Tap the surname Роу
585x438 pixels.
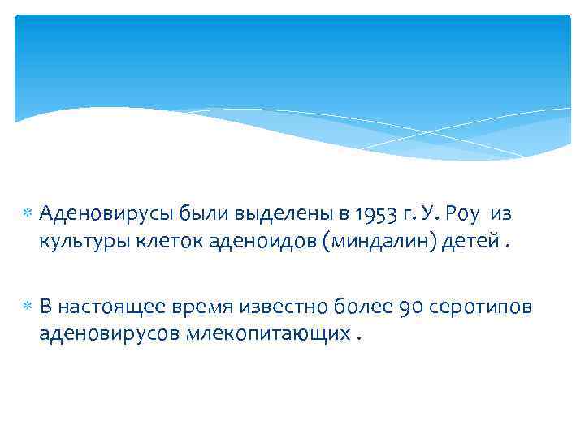pyautogui.click(x=464, y=214)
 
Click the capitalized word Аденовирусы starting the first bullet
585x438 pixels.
pyautogui.click(x=95, y=214)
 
